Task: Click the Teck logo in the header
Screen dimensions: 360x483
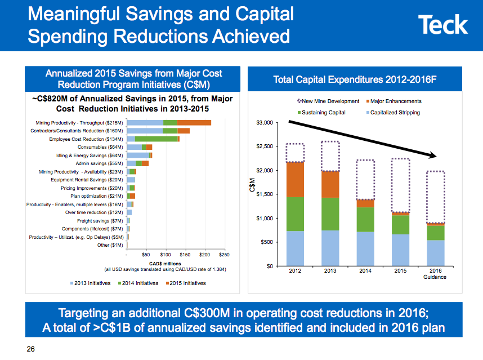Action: coord(443,25)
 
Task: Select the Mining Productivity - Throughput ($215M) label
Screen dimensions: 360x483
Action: coord(79,122)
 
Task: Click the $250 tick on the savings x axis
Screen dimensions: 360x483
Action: coord(223,256)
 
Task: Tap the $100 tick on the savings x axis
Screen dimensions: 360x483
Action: coord(166,256)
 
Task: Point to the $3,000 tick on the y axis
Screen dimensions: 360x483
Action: coord(265,123)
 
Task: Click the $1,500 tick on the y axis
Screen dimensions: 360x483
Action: coord(265,194)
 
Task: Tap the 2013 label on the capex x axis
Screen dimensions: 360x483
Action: coord(330,271)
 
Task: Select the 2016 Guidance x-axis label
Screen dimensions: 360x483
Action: coord(436,274)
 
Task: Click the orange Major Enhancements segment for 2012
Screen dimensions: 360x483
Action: coord(296,179)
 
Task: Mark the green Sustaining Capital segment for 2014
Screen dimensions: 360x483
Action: coord(365,219)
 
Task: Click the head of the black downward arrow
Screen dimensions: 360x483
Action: coord(436,156)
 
